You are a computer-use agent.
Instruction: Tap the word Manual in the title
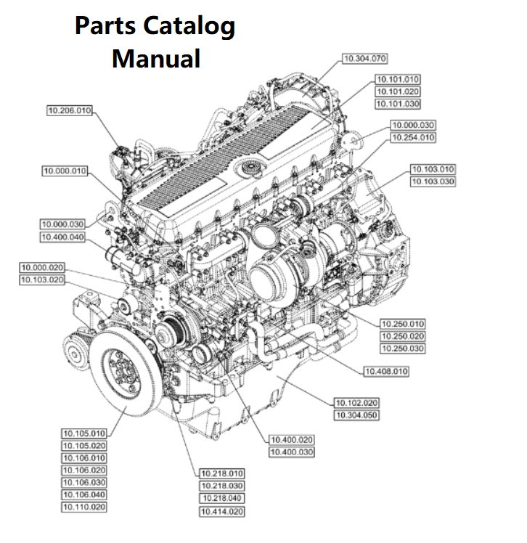[155, 57]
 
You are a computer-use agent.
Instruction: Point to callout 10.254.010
[412, 137]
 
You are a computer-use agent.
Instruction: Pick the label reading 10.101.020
[397, 91]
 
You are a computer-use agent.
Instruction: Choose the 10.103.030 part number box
[433, 181]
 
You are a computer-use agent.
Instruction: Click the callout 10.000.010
[65, 171]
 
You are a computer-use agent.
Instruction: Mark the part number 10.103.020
[41, 279]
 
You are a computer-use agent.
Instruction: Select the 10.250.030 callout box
[402, 348]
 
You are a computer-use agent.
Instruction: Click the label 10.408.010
[385, 372]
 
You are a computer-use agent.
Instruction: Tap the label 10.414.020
[221, 512]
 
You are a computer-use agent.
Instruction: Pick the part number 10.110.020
[83, 507]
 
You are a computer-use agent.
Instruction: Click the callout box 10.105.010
[83, 433]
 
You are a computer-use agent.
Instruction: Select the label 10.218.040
[221, 499]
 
